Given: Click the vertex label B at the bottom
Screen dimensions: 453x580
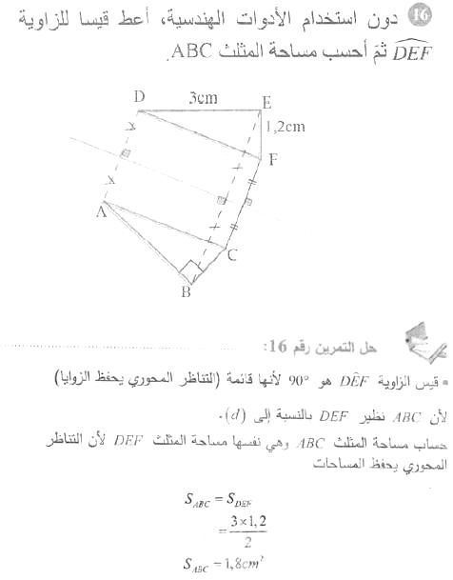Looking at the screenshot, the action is click(187, 291).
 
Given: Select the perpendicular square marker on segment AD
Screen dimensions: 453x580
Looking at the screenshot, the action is click(124, 154).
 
